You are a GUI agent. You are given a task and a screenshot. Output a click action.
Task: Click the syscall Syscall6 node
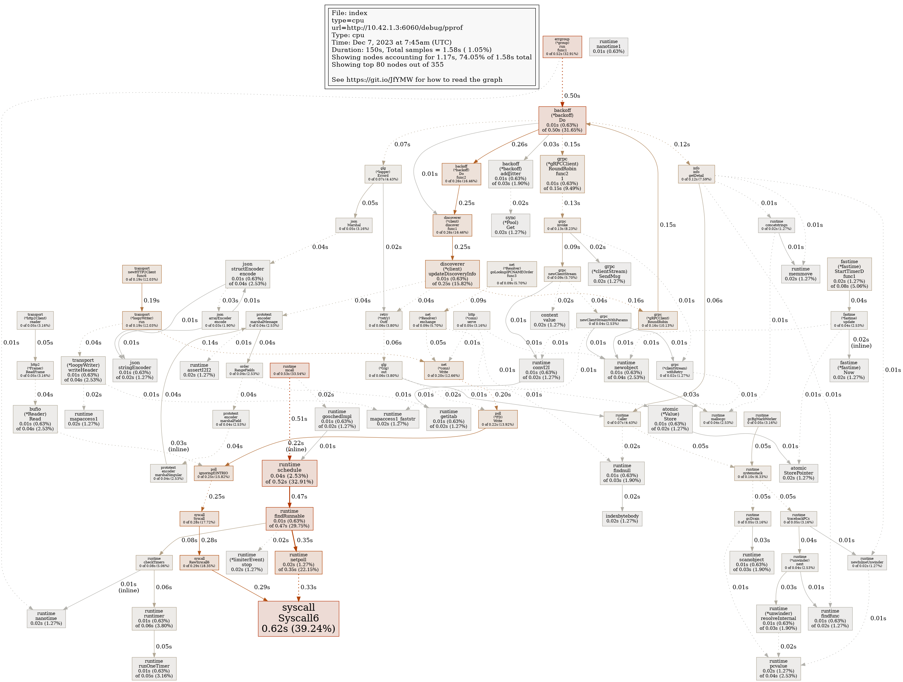tap(298, 618)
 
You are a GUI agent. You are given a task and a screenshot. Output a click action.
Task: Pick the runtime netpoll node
tap(298, 562)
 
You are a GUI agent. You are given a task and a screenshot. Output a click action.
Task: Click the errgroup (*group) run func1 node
tap(562, 47)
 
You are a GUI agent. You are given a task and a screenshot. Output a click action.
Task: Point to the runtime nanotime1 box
tap(608, 46)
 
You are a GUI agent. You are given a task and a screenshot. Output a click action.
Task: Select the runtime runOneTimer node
tap(154, 668)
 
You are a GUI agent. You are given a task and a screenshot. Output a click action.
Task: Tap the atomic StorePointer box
tap(798, 473)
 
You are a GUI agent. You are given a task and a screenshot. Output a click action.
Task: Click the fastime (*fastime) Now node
tap(849, 370)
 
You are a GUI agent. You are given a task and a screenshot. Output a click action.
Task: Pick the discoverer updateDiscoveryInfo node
tap(452, 274)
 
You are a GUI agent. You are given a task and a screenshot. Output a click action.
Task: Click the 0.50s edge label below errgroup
tap(572, 96)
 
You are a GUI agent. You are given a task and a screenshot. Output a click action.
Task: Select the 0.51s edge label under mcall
tap(299, 419)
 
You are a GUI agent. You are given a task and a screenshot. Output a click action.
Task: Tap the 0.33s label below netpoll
tap(308, 587)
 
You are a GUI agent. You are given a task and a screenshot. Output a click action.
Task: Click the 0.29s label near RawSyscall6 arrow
tap(262, 587)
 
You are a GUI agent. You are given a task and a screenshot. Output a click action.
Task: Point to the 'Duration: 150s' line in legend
tap(411, 50)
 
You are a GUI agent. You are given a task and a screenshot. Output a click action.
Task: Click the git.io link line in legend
tap(417, 80)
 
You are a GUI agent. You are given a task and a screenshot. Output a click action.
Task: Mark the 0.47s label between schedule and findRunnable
tap(299, 496)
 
